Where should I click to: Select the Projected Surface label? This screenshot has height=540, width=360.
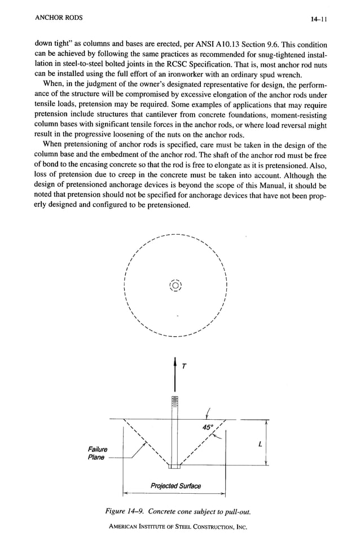coord(175,486)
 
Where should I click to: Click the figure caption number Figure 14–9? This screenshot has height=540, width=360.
coord(130,511)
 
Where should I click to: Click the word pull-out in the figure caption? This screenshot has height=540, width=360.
coord(235,511)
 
